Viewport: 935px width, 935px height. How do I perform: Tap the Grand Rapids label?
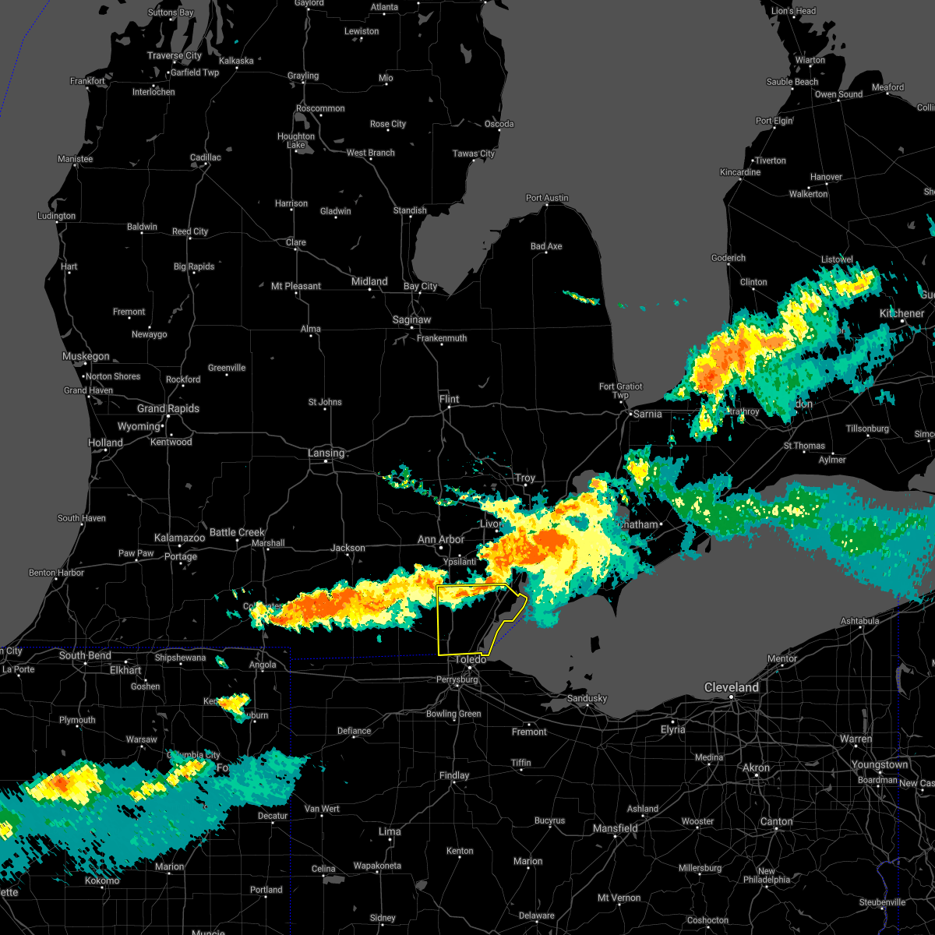[x=168, y=408]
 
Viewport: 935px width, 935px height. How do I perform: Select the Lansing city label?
[x=326, y=453]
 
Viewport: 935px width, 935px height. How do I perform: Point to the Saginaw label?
[x=412, y=319]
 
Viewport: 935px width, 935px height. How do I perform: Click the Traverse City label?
[x=175, y=55]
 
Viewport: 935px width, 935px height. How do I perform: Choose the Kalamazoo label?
[x=179, y=538]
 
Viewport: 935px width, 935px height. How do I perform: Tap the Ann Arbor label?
[x=441, y=539]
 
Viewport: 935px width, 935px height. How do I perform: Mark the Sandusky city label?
[x=587, y=698]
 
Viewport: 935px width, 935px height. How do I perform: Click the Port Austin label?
[x=547, y=198]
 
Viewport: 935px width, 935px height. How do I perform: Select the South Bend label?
[x=85, y=655]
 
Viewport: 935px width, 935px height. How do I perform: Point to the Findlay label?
[x=454, y=775]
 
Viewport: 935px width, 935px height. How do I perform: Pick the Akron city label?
[x=756, y=767]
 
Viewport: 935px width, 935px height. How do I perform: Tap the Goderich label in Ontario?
[x=729, y=258]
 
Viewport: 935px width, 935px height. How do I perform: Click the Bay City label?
[x=421, y=286]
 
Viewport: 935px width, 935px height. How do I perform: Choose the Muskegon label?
[x=86, y=356]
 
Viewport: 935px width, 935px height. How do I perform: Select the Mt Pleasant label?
[x=296, y=286]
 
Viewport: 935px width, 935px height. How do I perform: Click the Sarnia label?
[x=647, y=414]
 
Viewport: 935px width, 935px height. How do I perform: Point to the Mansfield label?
[x=616, y=828]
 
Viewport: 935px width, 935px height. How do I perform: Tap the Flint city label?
[x=450, y=399]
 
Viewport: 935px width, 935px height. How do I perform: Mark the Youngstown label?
[x=880, y=764]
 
